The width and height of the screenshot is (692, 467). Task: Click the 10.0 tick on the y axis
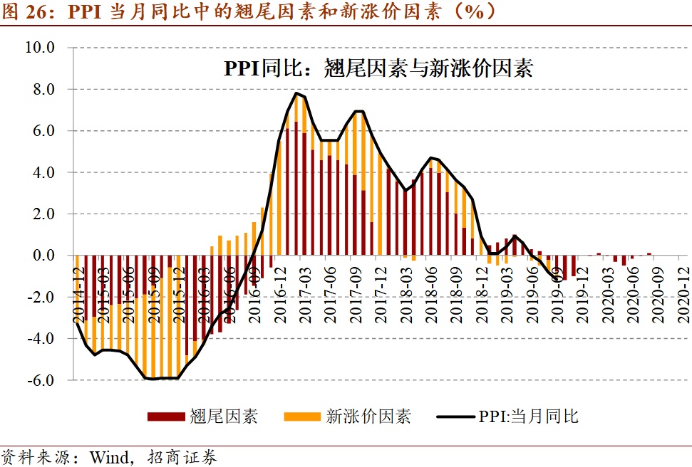(40, 48)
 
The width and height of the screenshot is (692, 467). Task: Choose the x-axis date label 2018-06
(431, 283)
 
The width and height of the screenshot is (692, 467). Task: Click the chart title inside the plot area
(378, 68)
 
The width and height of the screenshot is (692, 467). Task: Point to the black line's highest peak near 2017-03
(296, 93)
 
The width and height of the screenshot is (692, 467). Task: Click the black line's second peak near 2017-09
(359, 111)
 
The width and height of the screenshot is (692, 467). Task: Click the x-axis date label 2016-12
(280, 283)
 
